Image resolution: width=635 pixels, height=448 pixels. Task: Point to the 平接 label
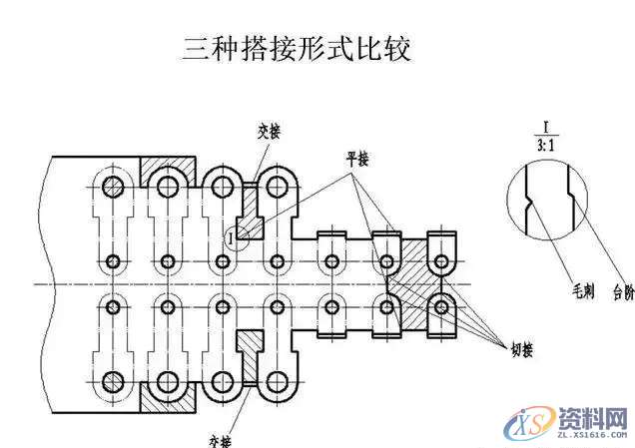pos(356,160)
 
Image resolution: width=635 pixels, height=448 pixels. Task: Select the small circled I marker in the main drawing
pos(233,237)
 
